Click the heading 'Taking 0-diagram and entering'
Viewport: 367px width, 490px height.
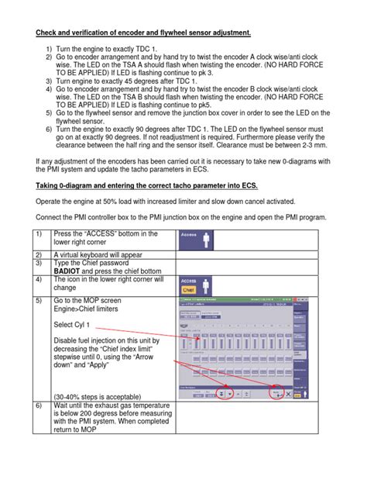point(147,185)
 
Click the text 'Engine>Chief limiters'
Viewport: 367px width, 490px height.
point(87,308)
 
